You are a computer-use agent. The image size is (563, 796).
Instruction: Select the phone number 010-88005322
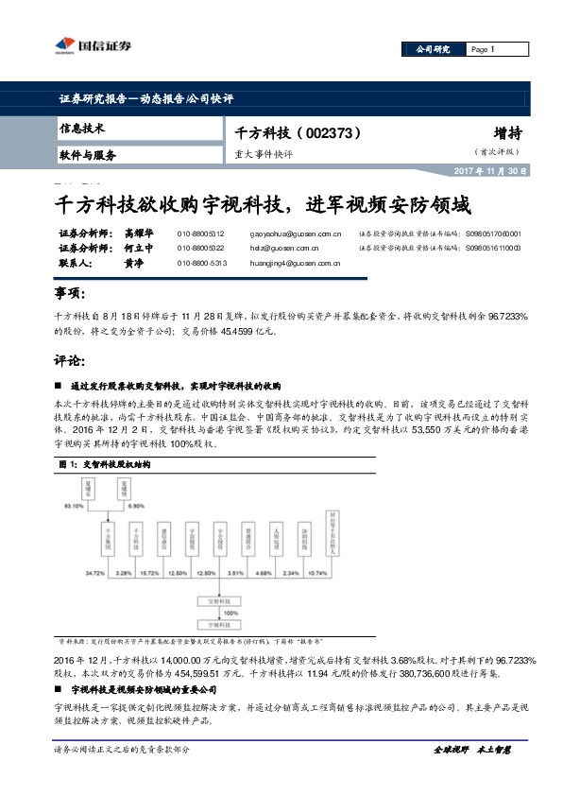click(x=200, y=248)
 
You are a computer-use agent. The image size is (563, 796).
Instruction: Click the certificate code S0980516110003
click(x=493, y=248)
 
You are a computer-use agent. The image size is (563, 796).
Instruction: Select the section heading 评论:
click(x=72, y=360)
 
